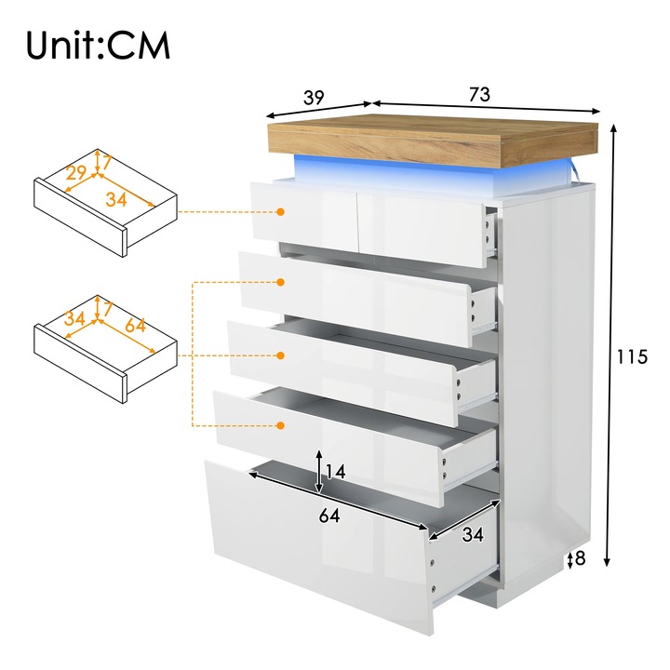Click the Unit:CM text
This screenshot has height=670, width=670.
coord(99,44)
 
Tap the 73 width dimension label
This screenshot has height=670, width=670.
coord(478,95)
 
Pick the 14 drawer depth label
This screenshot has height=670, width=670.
coord(336,472)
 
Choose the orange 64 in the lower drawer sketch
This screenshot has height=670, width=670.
coord(135,326)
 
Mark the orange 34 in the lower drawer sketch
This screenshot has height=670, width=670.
coord(76,319)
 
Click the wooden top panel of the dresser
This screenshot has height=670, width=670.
coord(432,136)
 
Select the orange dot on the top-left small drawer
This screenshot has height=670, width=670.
coord(279,212)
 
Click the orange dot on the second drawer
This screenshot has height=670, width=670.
coord(279,281)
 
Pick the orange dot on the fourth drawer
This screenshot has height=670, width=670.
coord(279,425)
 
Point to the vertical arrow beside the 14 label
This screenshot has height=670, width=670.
coord(319,472)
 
